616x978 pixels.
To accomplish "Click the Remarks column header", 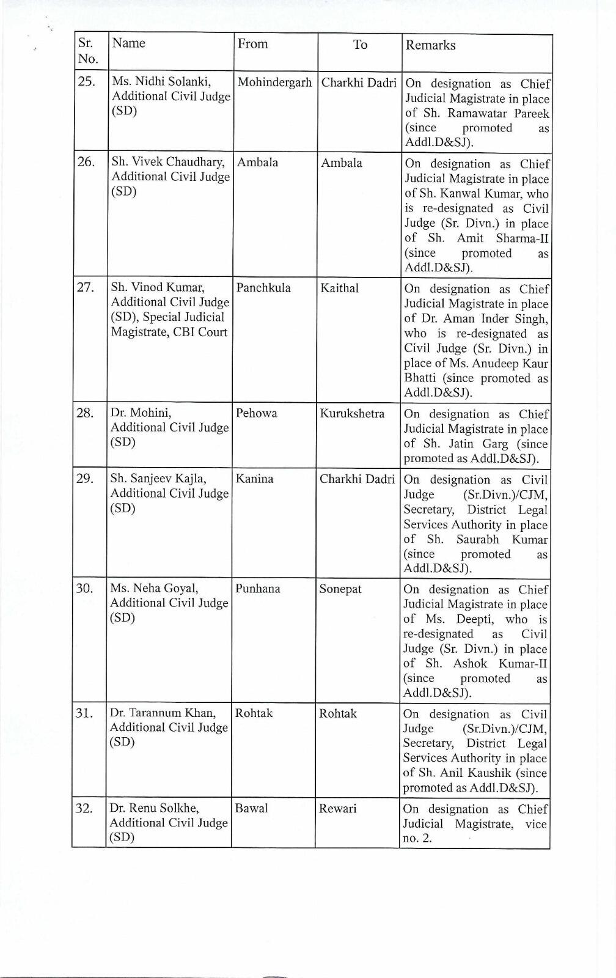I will (430, 45).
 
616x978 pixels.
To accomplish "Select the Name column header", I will (128, 43).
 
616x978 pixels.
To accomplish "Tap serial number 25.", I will (86, 81).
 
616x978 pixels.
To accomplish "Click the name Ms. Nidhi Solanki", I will (161, 81).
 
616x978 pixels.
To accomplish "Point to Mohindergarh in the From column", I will (274, 82).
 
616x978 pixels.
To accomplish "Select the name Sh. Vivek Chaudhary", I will (168, 162).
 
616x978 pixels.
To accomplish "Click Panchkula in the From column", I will (263, 287).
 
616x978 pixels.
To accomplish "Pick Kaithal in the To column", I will (339, 287).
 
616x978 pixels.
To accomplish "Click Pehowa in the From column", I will (257, 413).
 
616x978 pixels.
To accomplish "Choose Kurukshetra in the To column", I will (352, 413).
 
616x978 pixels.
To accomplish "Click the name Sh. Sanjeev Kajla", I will (158, 478).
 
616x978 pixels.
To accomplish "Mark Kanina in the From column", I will (254, 479).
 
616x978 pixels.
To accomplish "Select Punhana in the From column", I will (258, 589).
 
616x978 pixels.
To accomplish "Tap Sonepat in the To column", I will (340, 589).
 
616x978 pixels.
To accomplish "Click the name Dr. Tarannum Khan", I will (163, 713).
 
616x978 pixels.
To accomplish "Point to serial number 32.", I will (84, 809).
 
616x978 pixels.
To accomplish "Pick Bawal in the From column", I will (252, 808).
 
